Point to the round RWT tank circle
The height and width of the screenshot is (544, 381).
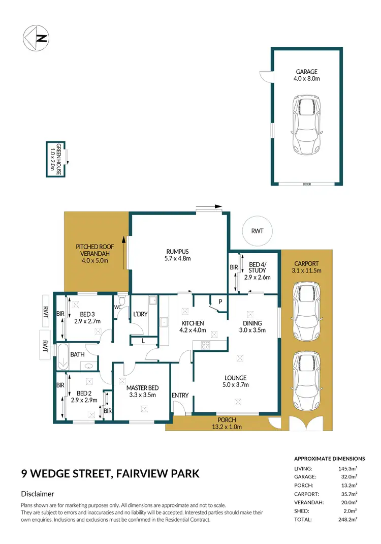[x=258, y=231]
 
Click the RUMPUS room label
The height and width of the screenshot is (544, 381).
[x=178, y=255]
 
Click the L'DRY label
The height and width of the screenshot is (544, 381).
[x=140, y=314]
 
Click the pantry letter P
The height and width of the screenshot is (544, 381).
[x=220, y=301]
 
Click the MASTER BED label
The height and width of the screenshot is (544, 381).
[x=141, y=391]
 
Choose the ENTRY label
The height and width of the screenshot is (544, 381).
[x=180, y=396]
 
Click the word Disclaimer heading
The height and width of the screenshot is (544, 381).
[x=38, y=494]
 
